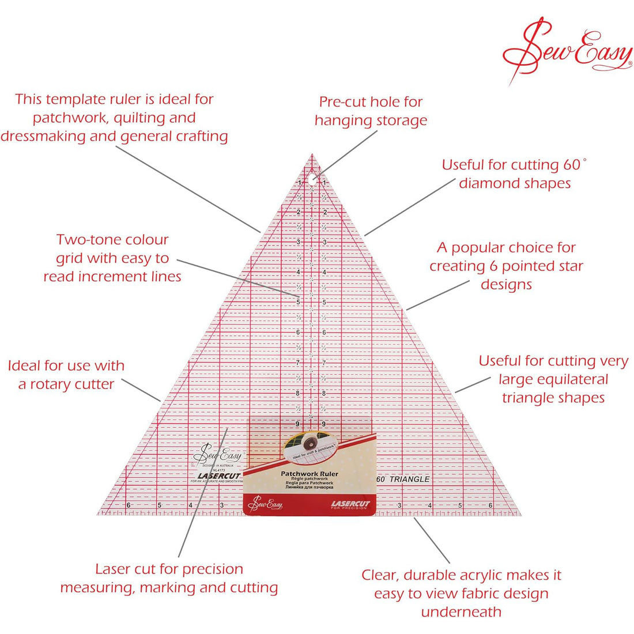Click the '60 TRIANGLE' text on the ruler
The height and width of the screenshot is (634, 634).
coord(403,479)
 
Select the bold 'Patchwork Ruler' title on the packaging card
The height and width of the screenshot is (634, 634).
coord(310,473)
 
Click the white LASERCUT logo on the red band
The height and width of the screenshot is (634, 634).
coord(350,504)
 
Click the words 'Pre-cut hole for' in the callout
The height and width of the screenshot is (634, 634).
coord(371,102)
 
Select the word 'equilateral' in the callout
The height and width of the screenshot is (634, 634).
coord(553,379)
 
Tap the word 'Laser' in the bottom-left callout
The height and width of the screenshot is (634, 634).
coord(113,569)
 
